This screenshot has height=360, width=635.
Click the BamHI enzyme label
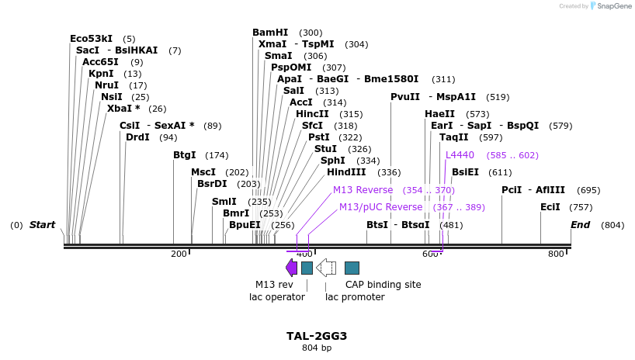click(270, 33)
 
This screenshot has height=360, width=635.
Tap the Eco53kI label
click(91, 38)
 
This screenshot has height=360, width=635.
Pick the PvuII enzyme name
click(404, 97)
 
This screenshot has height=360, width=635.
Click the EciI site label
click(550, 207)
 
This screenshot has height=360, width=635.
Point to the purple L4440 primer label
click(460, 155)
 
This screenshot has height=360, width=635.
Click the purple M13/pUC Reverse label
click(380, 207)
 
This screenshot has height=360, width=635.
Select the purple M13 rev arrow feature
click(291, 268)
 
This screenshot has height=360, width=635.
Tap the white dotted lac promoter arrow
click(326, 268)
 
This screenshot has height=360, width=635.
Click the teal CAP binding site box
click(352, 268)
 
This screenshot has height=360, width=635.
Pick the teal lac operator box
click(307, 268)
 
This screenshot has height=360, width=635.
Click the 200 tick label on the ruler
click(179, 254)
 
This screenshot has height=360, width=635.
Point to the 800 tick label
click(556, 254)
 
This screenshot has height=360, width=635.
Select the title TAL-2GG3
click(317, 336)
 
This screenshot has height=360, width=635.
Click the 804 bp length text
click(317, 348)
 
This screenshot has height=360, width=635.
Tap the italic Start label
click(42, 225)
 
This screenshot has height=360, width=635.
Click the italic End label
click(580, 225)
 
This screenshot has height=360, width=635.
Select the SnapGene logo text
click(614, 6)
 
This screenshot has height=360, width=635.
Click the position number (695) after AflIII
click(588, 190)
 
